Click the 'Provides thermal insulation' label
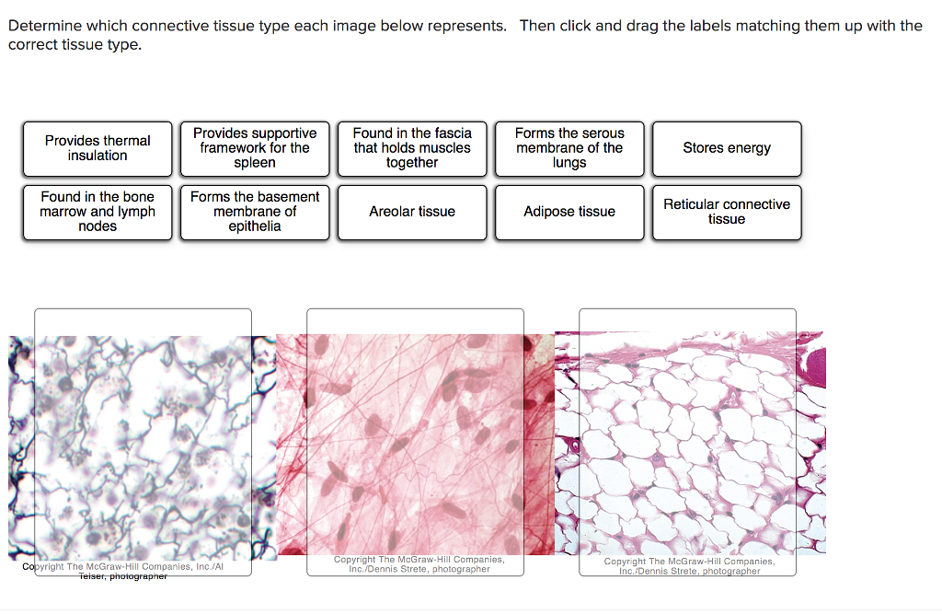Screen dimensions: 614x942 (98, 148)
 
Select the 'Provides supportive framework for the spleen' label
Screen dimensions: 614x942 (255, 148)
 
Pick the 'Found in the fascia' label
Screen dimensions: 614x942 (412, 148)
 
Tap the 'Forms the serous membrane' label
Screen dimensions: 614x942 (569, 148)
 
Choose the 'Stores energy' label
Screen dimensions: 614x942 (727, 148)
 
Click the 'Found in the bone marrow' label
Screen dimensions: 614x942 (98, 212)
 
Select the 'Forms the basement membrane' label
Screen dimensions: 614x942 (255, 212)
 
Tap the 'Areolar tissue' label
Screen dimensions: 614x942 (412, 212)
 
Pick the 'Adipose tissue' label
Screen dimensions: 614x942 (569, 212)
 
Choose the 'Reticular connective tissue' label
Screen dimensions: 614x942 (727, 212)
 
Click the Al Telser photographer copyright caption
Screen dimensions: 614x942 (122, 572)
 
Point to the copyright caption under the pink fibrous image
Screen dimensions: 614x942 (419, 564)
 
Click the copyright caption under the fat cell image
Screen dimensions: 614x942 (689, 566)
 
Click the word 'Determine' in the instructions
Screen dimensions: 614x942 (43, 26)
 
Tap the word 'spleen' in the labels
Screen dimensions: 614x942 (255, 163)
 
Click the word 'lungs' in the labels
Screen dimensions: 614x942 (569, 163)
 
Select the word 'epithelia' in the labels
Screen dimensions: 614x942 (255, 226)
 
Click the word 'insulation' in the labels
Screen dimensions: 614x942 (98, 156)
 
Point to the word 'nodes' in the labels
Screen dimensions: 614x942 (98, 226)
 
